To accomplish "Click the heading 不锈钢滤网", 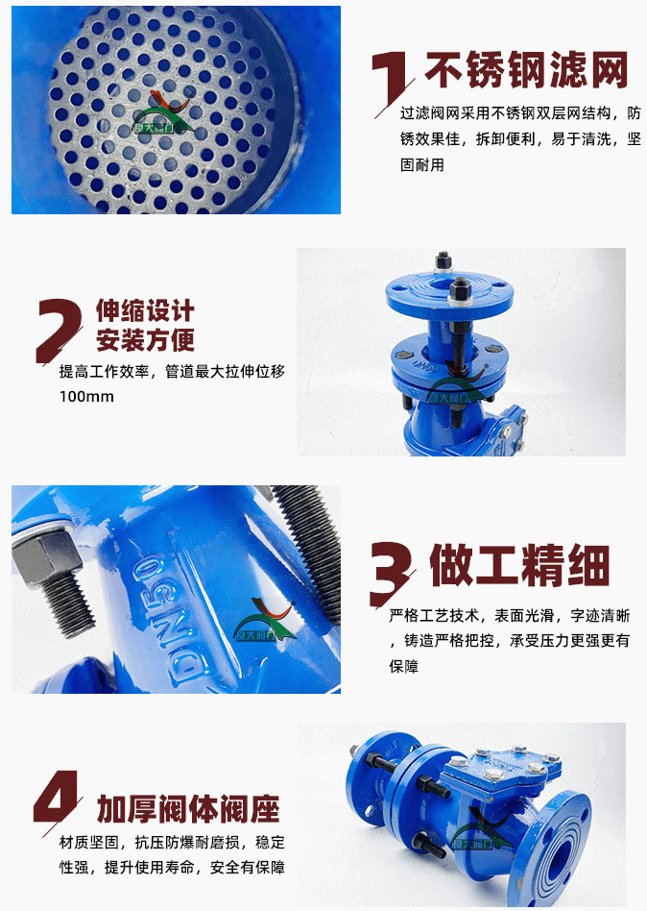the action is [x=527, y=70].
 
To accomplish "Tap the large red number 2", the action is [x=58, y=330].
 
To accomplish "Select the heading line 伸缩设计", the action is [x=145, y=310].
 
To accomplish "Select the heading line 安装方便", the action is [x=145, y=340].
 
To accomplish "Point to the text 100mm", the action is [x=86, y=397].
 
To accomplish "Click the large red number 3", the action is [x=391, y=573].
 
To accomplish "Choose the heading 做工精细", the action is [x=520, y=565].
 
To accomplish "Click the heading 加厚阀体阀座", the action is [x=188, y=809].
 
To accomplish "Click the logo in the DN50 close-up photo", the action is [x=264, y=619].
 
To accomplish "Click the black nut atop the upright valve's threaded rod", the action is [x=462, y=286].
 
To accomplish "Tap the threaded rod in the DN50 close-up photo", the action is [x=307, y=546].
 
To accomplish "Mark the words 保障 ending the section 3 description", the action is [x=404, y=666].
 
